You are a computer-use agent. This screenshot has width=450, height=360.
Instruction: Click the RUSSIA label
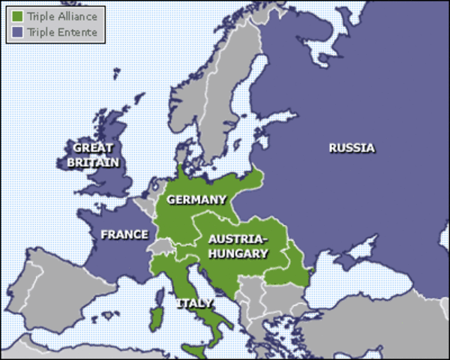click(351, 148)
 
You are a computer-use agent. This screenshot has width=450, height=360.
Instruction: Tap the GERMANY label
click(196, 199)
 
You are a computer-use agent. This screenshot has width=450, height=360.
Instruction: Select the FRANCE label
click(124, 235)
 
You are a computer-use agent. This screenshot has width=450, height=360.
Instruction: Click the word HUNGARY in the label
click(238, 253)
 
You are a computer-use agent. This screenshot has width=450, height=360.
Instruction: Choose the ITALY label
click(193, 304)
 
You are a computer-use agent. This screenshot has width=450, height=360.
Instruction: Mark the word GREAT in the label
click(93, 148)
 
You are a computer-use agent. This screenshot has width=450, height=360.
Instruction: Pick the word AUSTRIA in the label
click(237, 240)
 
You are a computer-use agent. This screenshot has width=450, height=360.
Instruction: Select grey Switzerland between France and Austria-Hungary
click(159, 247)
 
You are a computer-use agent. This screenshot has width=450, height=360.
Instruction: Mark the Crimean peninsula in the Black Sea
click(353, 264)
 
